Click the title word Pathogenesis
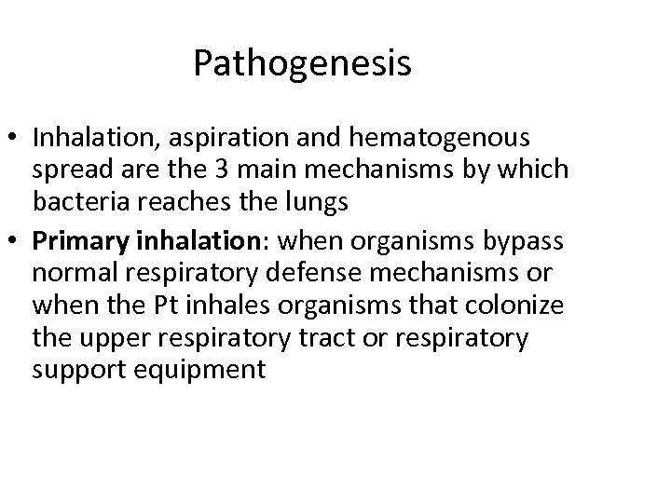pos(302,65)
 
